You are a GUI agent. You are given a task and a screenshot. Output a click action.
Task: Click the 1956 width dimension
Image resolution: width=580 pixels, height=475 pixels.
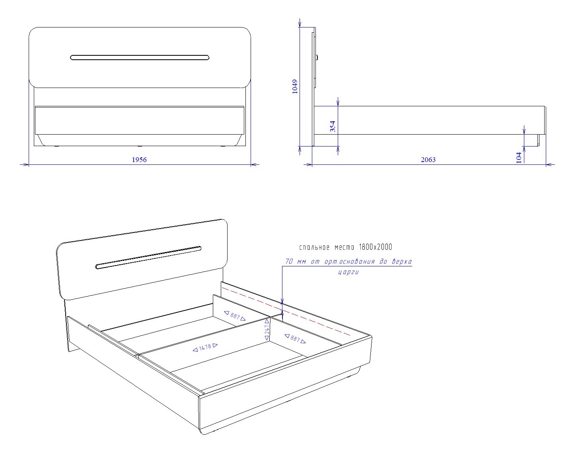139,160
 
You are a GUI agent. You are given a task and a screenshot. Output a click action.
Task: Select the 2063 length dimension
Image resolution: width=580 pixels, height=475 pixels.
428,160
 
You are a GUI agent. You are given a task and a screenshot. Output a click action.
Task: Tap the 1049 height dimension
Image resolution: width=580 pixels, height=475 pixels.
295,87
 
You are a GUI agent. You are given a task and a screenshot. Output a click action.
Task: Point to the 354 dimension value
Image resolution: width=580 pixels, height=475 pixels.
333,126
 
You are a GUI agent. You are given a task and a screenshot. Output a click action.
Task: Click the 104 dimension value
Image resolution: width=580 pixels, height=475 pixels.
519,157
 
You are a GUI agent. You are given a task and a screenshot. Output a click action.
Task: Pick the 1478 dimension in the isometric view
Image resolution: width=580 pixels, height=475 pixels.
205,347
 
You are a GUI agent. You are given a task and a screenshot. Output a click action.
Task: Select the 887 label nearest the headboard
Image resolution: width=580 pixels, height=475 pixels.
235,316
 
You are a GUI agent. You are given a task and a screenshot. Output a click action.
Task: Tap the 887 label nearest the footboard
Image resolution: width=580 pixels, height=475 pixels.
295,338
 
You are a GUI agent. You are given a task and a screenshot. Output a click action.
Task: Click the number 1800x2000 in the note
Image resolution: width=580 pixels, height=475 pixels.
376,247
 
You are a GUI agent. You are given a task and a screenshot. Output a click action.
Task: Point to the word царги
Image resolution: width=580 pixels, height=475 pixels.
348,272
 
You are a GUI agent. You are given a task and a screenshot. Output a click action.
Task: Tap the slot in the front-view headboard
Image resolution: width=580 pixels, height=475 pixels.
140,57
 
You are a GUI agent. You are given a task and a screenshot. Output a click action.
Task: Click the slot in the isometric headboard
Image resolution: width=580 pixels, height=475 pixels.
148,258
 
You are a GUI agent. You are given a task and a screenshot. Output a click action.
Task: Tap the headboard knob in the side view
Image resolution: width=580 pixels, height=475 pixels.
317,57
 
